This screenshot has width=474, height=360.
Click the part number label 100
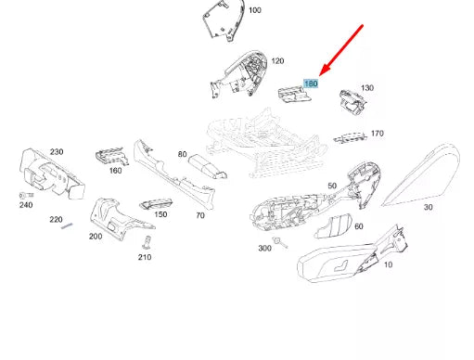[254, 10]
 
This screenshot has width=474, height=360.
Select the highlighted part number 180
[312, 84]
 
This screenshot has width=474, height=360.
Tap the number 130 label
[366, 88]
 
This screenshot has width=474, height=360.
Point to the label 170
[377, 134]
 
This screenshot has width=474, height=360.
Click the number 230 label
[57, 151]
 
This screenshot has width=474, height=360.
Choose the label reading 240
[25, 206]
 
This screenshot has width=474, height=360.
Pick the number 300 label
[264, 248]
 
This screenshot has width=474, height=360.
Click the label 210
[145, 257]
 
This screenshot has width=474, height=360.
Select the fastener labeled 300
[281, 244]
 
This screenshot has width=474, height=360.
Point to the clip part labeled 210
[146, 243]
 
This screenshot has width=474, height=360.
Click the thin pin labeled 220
[67, 231]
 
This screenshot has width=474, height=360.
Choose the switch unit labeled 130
[352, 100]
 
